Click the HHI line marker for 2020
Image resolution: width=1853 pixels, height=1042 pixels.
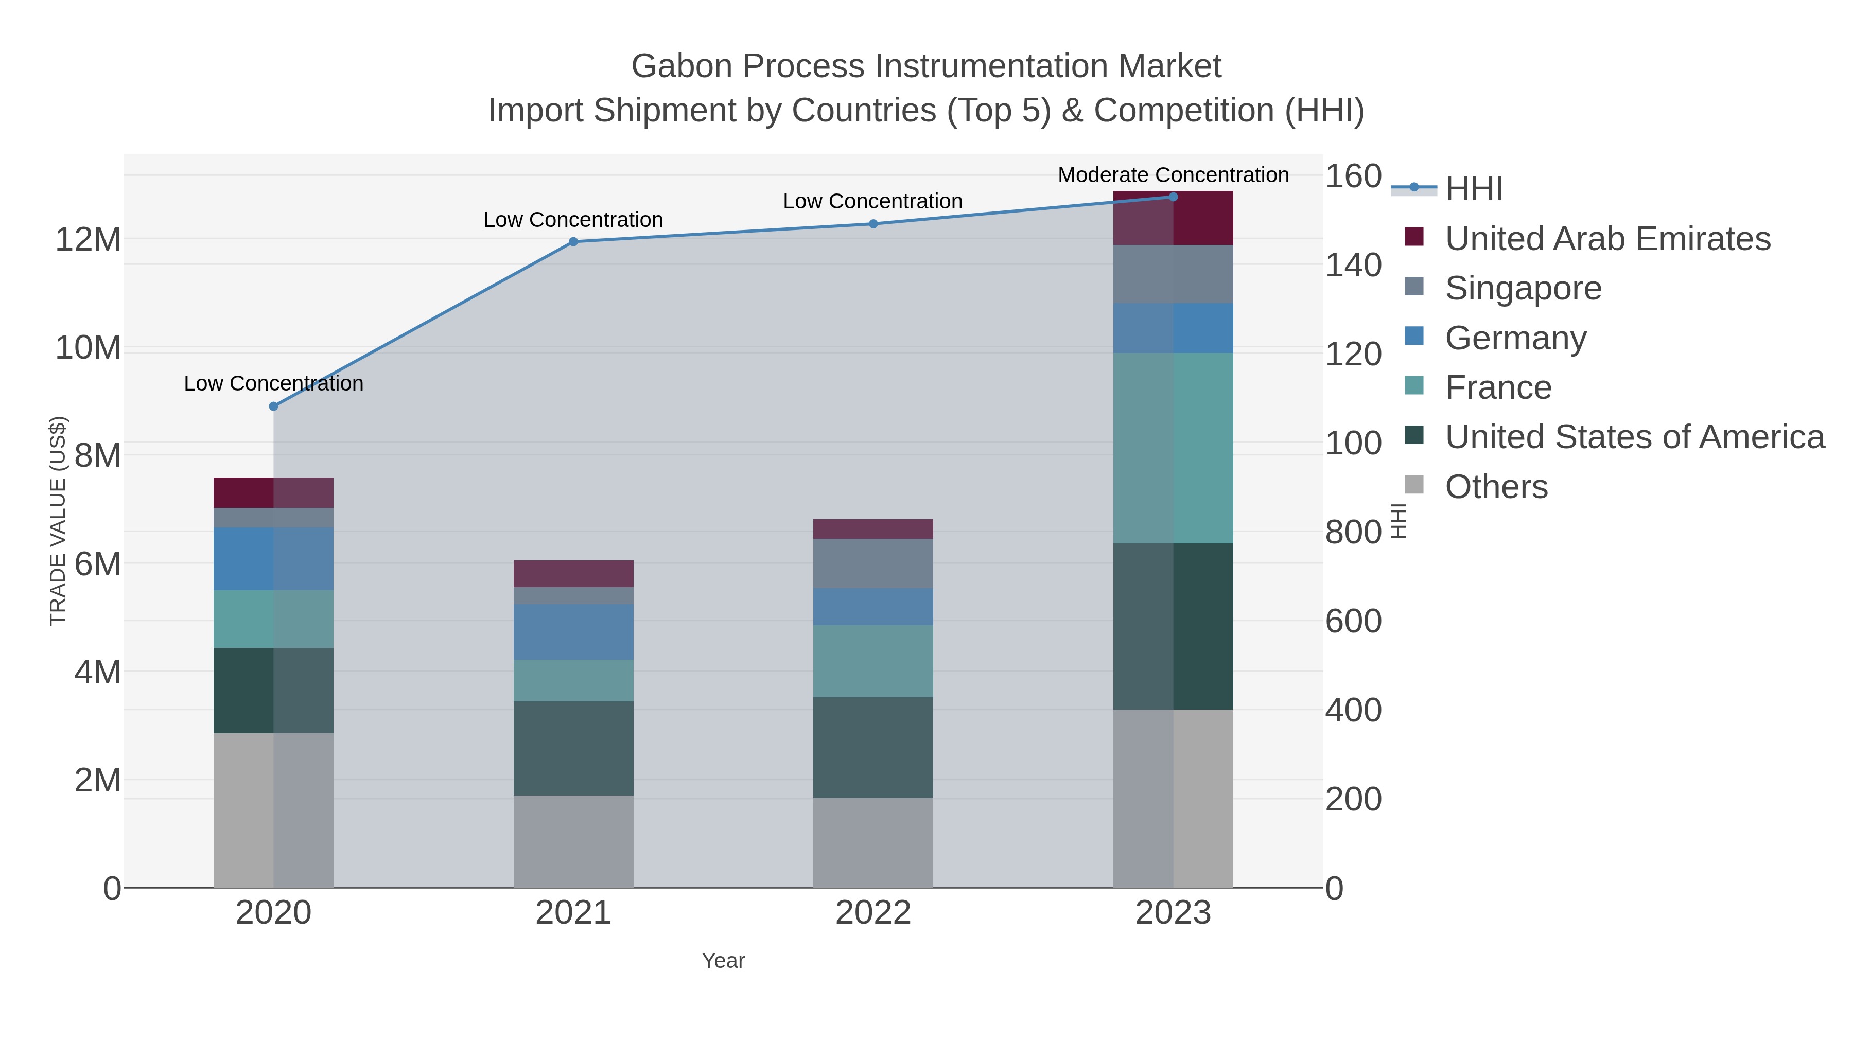273,407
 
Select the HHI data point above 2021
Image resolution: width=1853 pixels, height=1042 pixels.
573,242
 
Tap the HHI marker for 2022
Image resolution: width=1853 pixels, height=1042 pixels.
873,224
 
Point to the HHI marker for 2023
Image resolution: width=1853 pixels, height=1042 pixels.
1173,197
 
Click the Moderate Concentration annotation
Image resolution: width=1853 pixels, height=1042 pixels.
1173,175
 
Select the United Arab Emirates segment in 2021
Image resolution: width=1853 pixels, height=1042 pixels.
573,573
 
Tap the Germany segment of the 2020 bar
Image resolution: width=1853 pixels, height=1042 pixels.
273,559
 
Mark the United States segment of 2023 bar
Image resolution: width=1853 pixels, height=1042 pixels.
1173,626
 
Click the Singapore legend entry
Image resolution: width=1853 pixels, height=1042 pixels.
1523,288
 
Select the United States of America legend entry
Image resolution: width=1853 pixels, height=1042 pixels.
1634,437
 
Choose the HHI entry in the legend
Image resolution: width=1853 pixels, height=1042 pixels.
1473,189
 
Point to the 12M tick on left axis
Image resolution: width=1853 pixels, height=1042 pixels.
88,239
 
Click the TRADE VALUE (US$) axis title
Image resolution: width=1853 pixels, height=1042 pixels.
58,521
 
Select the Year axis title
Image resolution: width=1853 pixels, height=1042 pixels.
723,961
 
